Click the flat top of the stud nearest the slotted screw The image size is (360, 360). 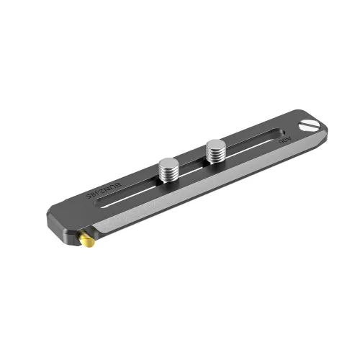coord(215,145)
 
